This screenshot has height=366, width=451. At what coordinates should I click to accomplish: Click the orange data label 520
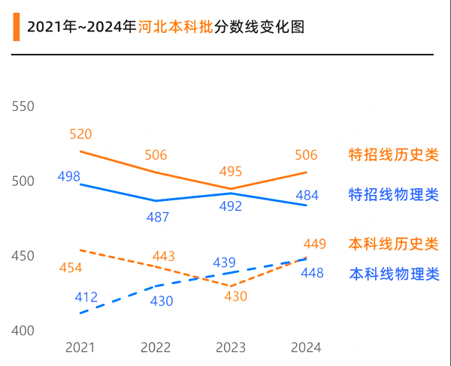[x=80, y=134]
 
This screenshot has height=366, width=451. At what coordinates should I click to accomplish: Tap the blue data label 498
[x=68, y=176]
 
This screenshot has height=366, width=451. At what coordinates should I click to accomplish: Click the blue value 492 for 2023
[x=231, y=207]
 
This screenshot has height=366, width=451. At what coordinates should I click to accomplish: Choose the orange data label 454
[x=70, y=268]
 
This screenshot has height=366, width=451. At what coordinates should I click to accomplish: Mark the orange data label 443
[x=163, y=256]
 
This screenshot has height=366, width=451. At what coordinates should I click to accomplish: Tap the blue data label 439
[x=224, y=262]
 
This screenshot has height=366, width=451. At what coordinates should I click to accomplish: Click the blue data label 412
[x=86, y=298]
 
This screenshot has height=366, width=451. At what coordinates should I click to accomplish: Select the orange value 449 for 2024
[x=314, y=244]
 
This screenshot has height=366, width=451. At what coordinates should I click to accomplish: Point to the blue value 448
[x=312, y=273]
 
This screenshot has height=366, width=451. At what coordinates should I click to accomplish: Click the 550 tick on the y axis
[x=23, y=106]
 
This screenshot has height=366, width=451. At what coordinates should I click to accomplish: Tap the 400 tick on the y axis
[x=23, y=331]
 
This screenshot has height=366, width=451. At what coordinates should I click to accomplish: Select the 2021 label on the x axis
[x=80, y=347]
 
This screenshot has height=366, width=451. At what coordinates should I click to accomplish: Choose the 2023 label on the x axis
[x=231, y=347]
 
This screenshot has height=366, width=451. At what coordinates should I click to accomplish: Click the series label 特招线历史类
[x=393, y=154]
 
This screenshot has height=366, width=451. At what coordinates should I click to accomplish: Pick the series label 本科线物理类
[x=393, y=274]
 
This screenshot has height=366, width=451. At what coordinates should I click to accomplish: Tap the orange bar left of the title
[x=16, y=28]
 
